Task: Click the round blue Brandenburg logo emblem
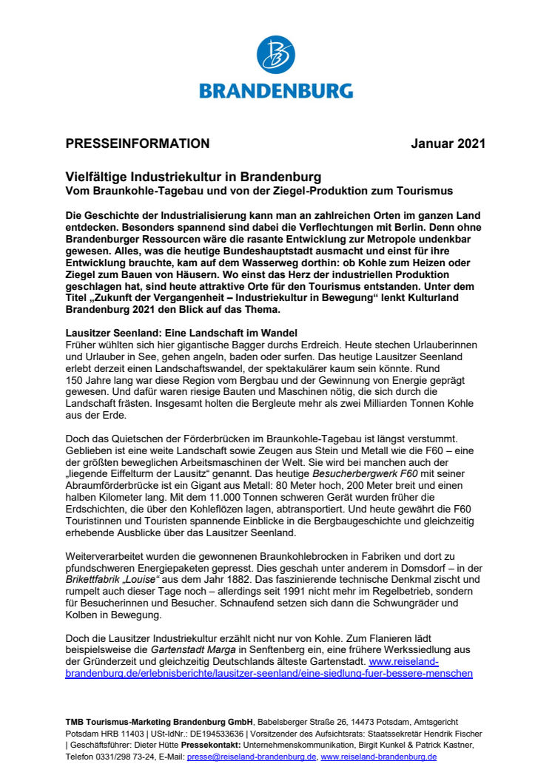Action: (x=275, y=56)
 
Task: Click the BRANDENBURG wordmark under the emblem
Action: (x=275, y=91)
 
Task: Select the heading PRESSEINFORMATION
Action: (x=137, y=143)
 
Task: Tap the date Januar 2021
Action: (x=448, y=143)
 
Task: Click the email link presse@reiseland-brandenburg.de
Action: (x=252, y=757)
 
